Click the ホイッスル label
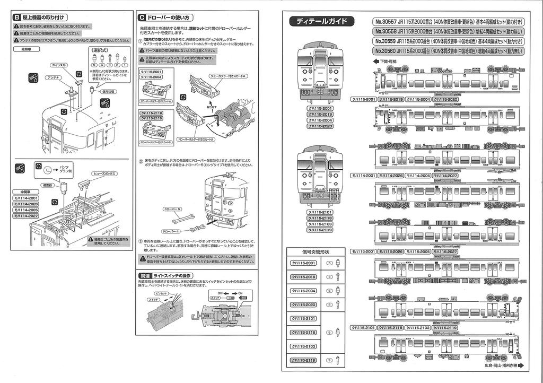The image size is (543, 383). pos(59,65)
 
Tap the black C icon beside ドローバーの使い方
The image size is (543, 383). pos(140,18)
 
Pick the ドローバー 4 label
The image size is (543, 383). pos(171,231)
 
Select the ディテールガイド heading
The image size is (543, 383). pos(322,21)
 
